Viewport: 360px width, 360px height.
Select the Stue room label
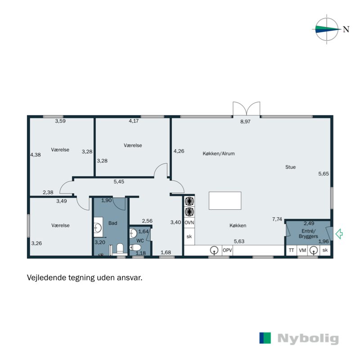click(x=290, y=167)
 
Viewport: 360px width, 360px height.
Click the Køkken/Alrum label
click(x=219, y=153)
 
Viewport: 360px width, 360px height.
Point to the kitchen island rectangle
click(x=225, y=201)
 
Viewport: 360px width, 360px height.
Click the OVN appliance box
click(x=189, y=223)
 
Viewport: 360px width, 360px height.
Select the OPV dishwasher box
click(x=227, y=250)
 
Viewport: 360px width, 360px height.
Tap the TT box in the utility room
click(x=291, y=250)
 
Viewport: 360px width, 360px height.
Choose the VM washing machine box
click(x=302, y=250)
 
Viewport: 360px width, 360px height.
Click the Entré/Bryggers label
click(x=309, y=233)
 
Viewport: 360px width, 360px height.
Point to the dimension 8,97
click(x=245, y=122)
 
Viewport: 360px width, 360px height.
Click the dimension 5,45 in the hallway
click(x=119, y=182)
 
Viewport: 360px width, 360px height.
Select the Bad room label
click(x=112, y=222)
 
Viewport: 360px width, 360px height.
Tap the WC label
click(x=139, y=241)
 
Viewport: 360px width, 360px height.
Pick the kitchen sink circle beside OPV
click(x=215, y=250)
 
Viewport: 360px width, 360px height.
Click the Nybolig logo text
click(x=308, y=338)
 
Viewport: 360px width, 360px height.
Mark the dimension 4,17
click(x=134, y=121)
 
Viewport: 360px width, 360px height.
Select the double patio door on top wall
click(x=247, y=109)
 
